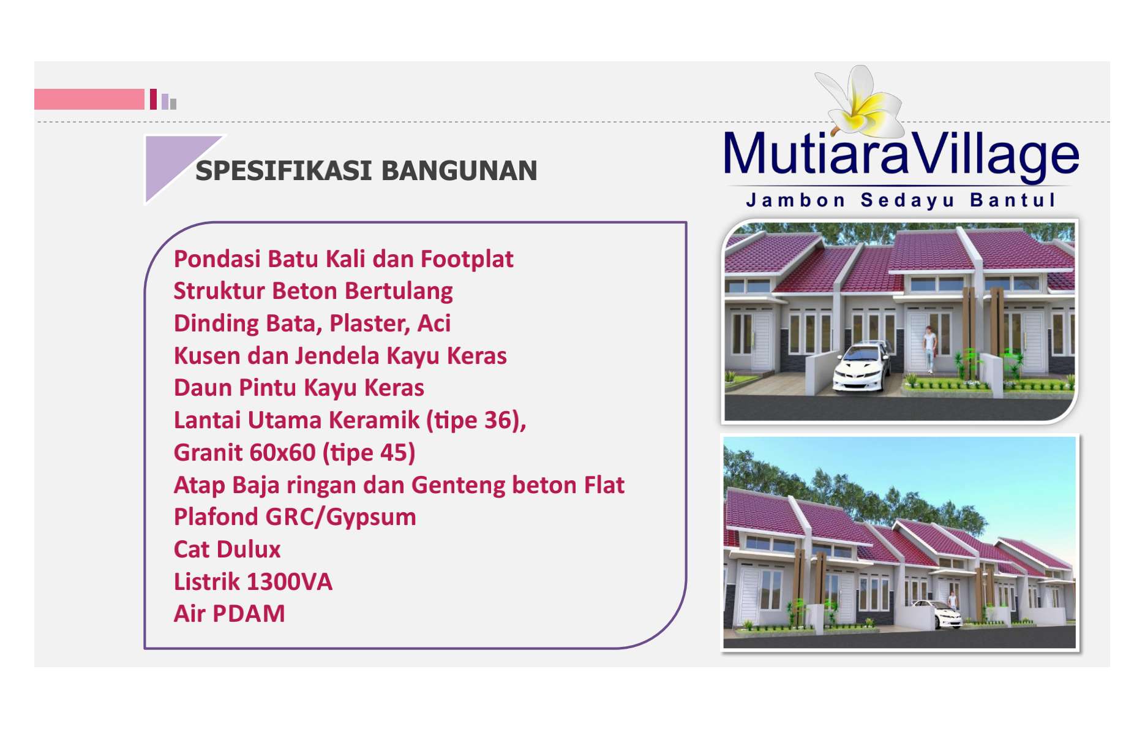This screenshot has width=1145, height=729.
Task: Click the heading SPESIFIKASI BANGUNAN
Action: pos(366,171)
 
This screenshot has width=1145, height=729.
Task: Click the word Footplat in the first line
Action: pos(467,259)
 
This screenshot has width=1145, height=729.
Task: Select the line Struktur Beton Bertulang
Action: pos(313,292)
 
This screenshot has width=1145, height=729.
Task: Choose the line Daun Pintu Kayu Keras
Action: pos(299,388)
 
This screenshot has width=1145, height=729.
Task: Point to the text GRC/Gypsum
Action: pos(340,518)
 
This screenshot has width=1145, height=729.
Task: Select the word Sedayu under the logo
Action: pos(907,201)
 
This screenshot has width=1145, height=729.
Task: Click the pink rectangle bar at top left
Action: pos(89,99)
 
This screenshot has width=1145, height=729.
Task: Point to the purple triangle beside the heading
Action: pos(175,161)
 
